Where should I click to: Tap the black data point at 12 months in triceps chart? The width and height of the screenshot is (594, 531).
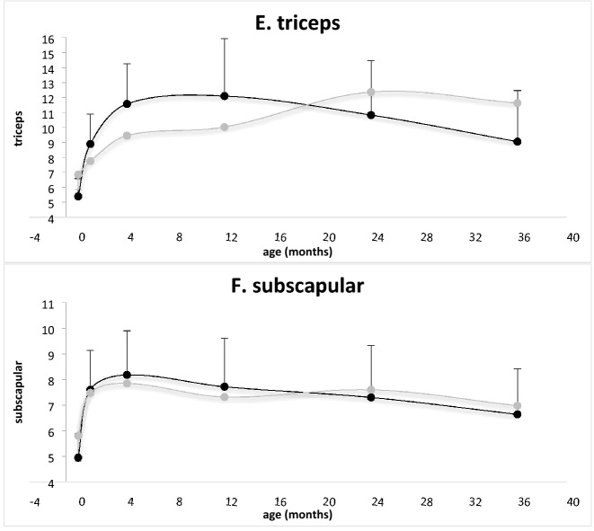224,96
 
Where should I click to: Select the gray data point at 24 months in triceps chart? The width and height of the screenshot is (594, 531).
370,92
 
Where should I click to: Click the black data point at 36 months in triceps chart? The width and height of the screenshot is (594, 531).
517,141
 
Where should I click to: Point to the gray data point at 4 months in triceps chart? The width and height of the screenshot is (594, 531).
127,136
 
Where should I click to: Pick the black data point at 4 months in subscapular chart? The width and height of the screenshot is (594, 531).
127,375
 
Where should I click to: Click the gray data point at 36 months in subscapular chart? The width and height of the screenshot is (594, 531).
517,406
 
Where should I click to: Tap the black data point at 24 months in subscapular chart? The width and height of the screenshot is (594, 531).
370,397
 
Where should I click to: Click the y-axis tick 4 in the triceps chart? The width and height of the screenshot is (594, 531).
51,218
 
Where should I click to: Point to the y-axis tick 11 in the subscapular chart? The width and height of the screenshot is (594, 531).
49,304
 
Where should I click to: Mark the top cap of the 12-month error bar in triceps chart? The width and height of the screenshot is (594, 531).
224,39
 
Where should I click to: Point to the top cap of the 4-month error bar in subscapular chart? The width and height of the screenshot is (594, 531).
127,331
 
